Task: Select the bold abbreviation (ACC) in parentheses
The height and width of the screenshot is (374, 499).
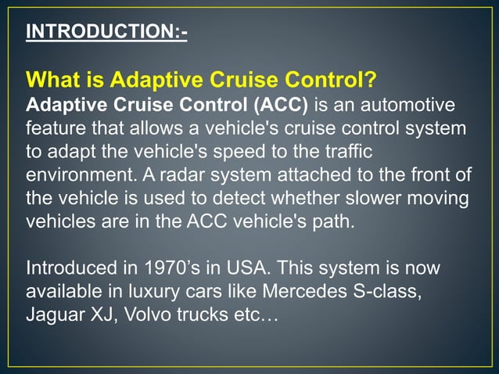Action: pos(280,104)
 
